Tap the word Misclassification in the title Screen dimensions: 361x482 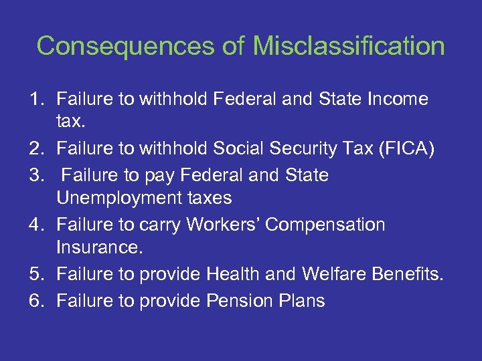[349, 46]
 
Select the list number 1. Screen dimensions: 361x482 [35, 100]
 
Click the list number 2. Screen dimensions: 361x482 [35, 149]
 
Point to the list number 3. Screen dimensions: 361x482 [35, 175]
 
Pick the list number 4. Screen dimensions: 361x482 [35, 225]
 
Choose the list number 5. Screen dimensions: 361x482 [35, 275]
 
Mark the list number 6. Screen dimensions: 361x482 [35, 301]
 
